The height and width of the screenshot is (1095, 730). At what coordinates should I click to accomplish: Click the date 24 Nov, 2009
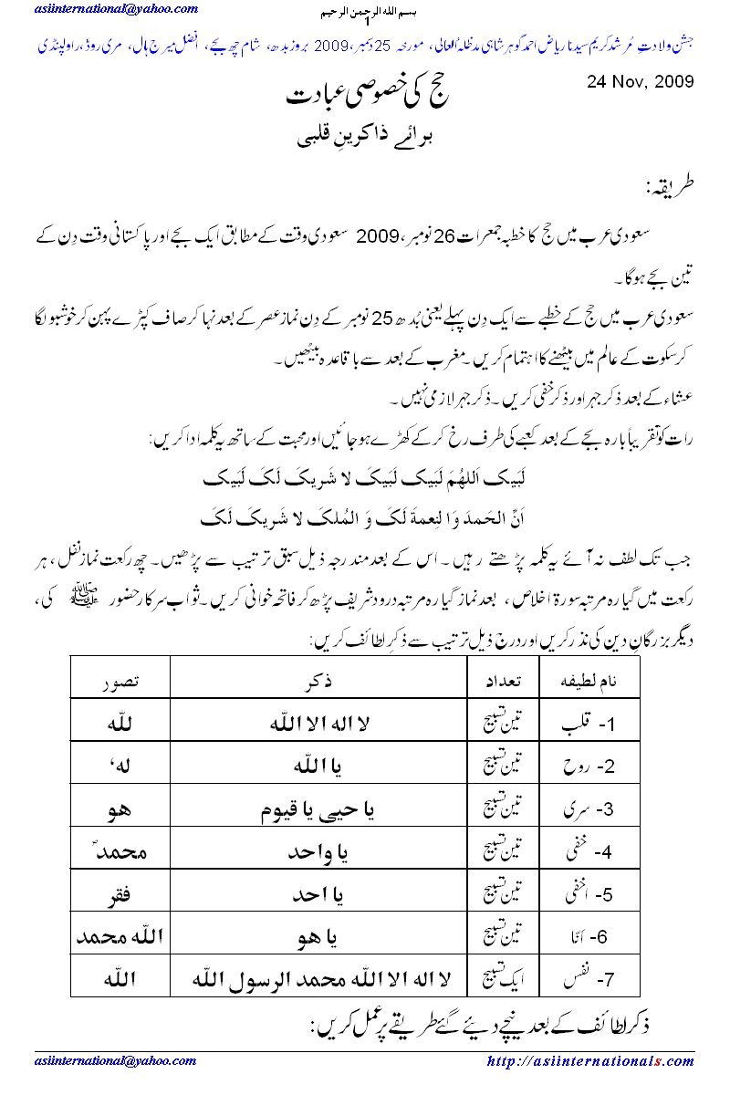pos(640,81)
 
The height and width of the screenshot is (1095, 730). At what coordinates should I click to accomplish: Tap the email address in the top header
pos(116,9)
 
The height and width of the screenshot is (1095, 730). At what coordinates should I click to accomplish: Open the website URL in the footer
pos(590,1061)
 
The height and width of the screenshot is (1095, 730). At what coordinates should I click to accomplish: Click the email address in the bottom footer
pos(116,1061)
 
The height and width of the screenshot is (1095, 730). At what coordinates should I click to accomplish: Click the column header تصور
pos(120,683)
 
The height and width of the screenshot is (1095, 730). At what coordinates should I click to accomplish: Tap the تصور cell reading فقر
pos(120,893)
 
